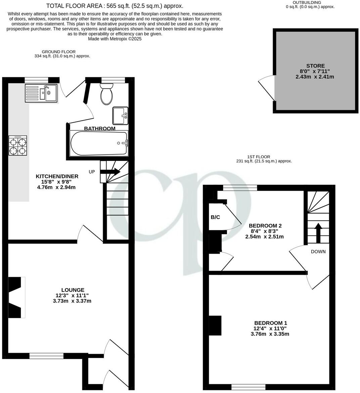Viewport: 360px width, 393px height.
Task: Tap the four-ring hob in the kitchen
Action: pyautogui.click(x=18, y=146)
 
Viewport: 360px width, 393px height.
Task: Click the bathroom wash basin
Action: pyautogui.click(x=120, y=116)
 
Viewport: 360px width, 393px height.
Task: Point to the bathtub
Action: pyautogui.click(x=99, y=143)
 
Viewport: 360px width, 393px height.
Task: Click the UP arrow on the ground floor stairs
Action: pyautogui.click(x=110, y=172)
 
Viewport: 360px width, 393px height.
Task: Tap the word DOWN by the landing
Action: pyautogui.click(x=318, y=252)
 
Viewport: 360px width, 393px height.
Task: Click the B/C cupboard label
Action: pyautogui.click(x=215, y=217)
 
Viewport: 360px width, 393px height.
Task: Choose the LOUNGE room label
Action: pyautogui.click(x=73, y=290)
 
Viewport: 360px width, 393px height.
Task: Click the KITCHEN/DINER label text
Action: pyautogui.click(x=57, y=176)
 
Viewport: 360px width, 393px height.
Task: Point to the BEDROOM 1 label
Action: pyautogui.click(x=270, y=323)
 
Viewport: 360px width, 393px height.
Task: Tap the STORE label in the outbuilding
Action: pyautogui.click(x=315, y=66)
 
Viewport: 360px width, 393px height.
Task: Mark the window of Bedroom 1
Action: pyautogui.click(x=248, y=387)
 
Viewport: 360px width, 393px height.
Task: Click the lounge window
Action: pyautogui.click(x=46, y=356)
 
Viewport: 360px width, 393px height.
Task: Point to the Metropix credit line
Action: pyautogui.click(x=115, y=39)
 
